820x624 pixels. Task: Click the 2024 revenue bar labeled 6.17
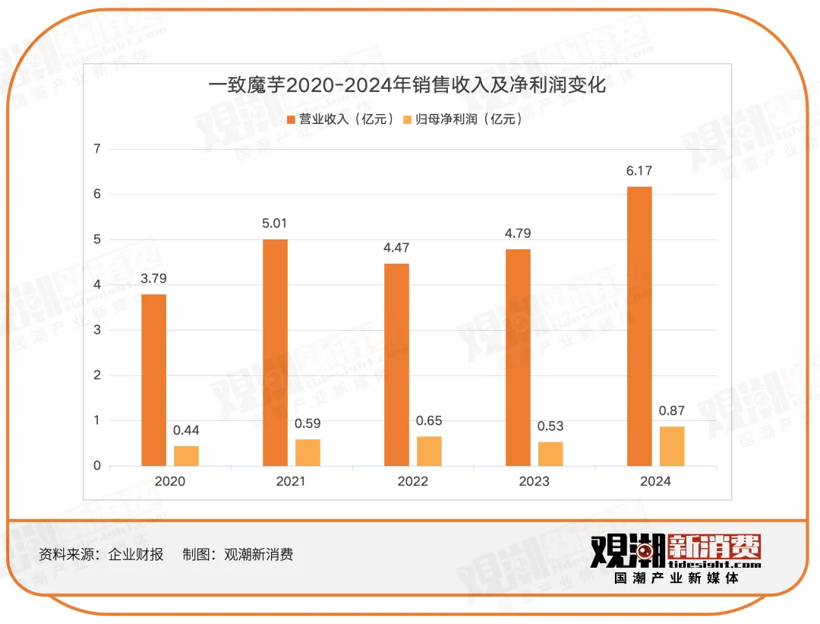point(639,326)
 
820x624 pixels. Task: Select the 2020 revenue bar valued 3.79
point(153,380)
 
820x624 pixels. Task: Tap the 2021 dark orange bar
point(275,353)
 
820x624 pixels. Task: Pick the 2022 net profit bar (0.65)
point(429,451)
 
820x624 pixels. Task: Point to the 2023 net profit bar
point(550,454)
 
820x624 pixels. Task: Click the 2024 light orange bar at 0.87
point(672,446)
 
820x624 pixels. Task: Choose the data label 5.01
point(275,223)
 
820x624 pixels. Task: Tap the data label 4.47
point(396,248)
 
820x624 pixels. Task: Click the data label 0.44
point(186,430)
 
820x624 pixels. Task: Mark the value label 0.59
point(307,423)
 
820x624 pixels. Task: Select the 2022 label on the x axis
point(412,481)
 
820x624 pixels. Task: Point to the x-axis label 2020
point(169,481)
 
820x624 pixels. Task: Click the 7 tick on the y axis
point(96,149)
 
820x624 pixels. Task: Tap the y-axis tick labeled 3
point(96,330)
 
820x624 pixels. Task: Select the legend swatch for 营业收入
point(291,120)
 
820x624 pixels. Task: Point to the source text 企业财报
point(136,554)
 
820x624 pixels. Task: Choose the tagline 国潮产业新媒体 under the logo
point(676,579)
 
